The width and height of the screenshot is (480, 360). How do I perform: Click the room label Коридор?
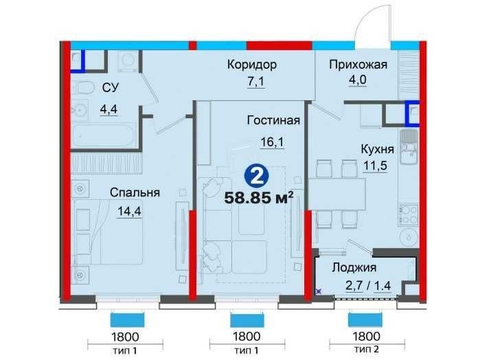pyautogui.click(x=251, y=65)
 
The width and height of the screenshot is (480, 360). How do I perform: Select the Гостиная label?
pyautogui.click(x=273, y=121)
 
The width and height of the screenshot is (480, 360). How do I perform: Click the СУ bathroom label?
pyautogui.click(x=109, y=87)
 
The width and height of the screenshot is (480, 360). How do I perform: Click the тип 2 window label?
pyautogui.click(x=365, y=350)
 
